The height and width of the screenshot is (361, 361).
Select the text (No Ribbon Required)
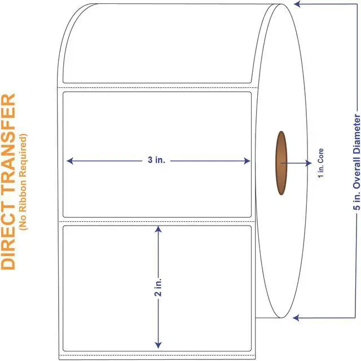(23, 182)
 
